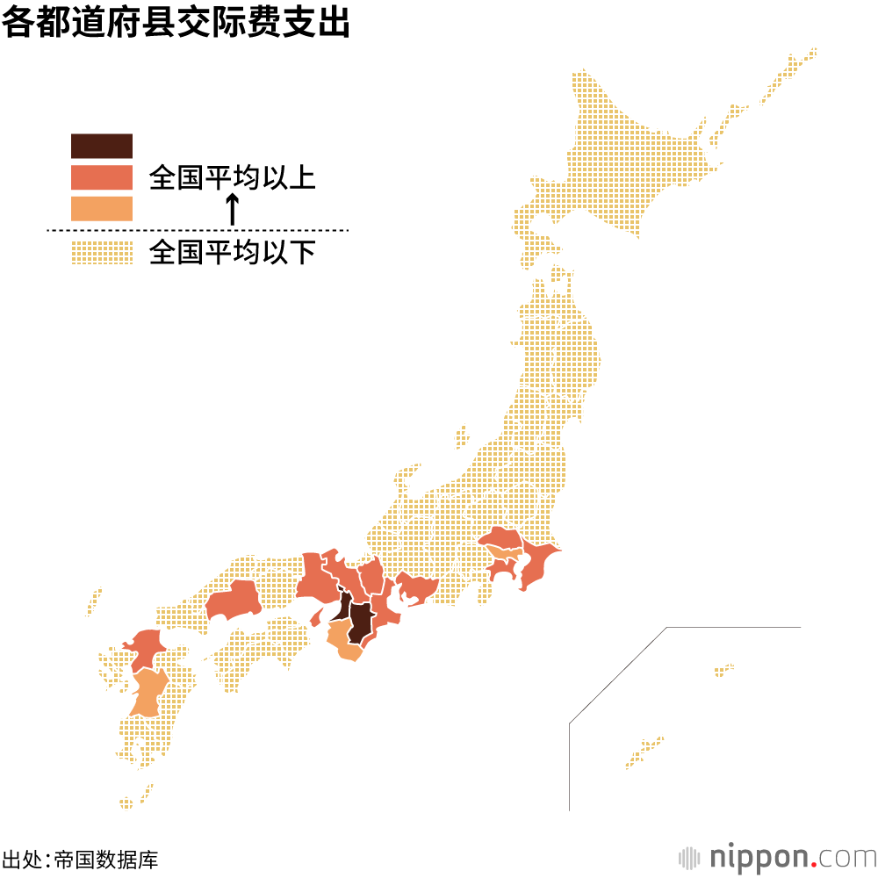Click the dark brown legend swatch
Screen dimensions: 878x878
(x=102, y=146)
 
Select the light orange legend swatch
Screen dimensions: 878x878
(x=102, y=208)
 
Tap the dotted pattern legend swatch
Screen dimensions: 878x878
(x=102, y=253)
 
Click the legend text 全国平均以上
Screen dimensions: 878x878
(x=232, y=178)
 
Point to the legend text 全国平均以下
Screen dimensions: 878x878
(x=232, y=253)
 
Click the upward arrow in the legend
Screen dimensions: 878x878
(x=232, y=209)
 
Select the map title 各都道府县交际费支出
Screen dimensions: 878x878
(x=176, y=23)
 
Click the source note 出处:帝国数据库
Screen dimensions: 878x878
(x=81, y=858)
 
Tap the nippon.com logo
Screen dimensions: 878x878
(x=777, y=856)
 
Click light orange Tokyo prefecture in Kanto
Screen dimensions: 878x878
(x=503, y=552)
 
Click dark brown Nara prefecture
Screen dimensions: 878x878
(x=362, y=620)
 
